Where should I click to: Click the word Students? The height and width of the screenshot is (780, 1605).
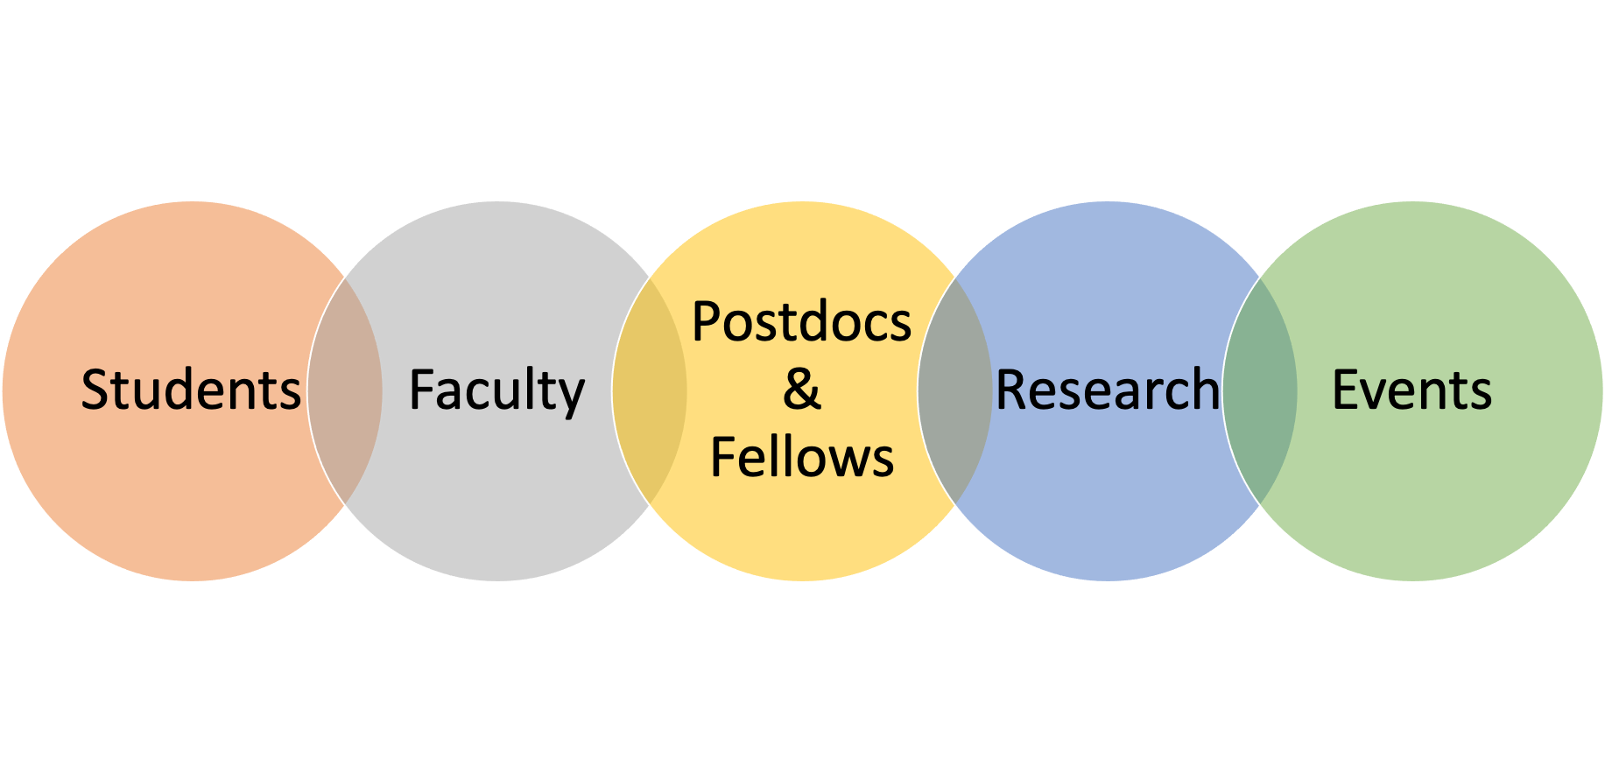coord(191,390)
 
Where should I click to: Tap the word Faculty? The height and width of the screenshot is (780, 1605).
coord(496,391)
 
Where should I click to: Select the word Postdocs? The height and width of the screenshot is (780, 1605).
coord(802,321)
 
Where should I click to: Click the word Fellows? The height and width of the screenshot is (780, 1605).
coord(802,457)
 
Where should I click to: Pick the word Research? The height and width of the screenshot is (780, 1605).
coord(1108,390)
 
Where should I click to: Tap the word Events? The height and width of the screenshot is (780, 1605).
coord(1411,390)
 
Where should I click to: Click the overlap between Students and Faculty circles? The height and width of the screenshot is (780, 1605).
coord(345,390)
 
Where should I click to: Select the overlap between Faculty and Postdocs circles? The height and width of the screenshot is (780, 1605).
coord(650,390)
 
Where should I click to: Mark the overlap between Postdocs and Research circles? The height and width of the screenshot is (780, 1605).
coord(955,390)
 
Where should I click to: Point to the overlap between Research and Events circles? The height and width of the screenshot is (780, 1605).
coord(1260,390)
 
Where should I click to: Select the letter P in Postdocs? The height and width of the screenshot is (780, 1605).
coord(707,321)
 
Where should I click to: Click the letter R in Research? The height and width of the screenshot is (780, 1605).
coord(1013,390)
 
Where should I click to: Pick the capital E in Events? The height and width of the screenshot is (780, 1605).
coord(1346,390)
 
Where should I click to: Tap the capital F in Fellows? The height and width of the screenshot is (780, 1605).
coord(724,457)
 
